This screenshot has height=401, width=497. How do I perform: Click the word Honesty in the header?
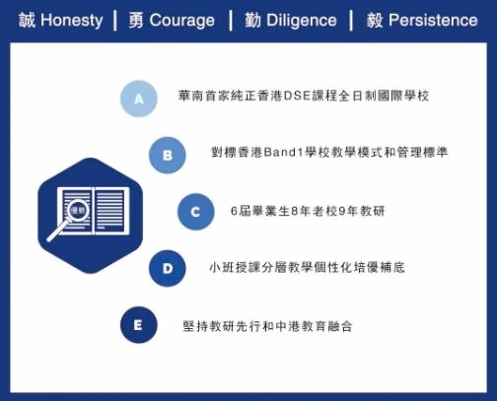pyautogui.click(x=72, y=21)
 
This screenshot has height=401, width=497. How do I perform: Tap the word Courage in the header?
pyautogui.click(x=182, y=21)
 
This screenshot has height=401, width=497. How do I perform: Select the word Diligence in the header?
pyautogui.click(x=302, y=21)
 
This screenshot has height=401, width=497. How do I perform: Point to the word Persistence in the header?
pyautogui.click(x=433, y=20)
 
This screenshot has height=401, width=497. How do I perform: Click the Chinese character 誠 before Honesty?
pyautogui.click(x=27, y=20)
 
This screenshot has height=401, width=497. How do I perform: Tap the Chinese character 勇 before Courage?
pyautogui.click(x=136, y=21)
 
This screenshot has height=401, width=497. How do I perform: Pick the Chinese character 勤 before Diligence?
pyautogui.click(x=252, y=21)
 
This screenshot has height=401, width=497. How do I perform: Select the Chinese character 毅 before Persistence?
pyautogui.click(x=375, y=21)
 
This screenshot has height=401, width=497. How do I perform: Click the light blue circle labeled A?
pyautogui.click(x=139, y=99)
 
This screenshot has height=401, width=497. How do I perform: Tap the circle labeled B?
pyautogui.click(x=168, y=155)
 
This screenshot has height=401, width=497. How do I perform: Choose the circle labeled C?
pyautogui.click(x=196, y=212)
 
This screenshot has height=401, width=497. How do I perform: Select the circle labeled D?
pyautogui.click(x=168, y=268)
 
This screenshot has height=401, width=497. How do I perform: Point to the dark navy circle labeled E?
pyautogui.click(x=139, y=325)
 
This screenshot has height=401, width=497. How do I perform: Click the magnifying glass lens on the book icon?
pyautogui.click(x=78, y=210)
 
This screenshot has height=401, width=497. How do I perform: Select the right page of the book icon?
pyautogui.click(x=111, y=211)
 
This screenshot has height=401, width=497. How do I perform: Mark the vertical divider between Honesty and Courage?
pyautogui.click(x=115, y=21)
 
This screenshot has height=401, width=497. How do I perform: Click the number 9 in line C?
pyautogui.click(x=341, y=211)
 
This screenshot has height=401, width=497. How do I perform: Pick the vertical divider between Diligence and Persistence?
pyautogui.click(x=351, y=21)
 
